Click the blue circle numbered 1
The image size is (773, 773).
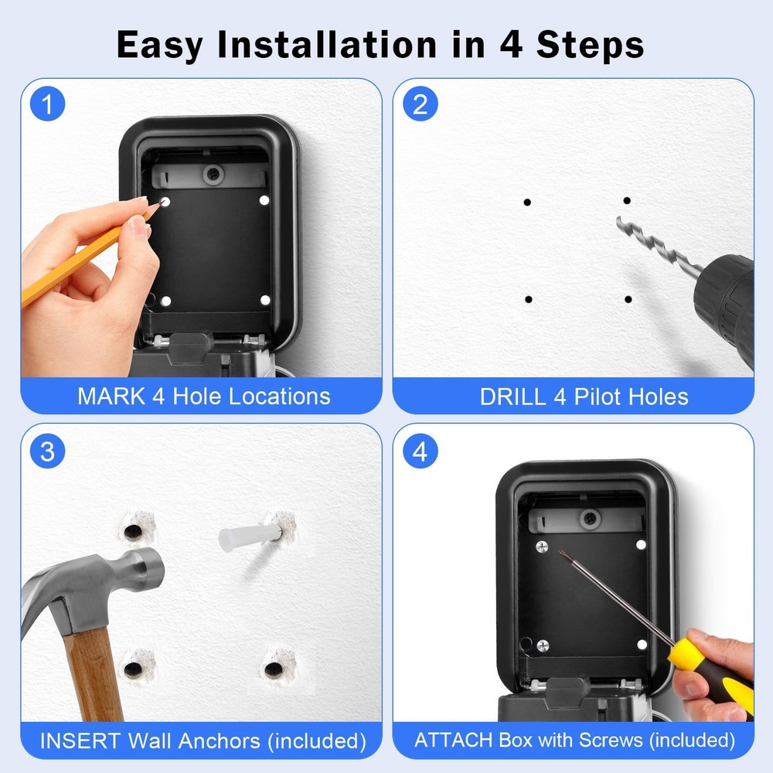[x=47, y=105]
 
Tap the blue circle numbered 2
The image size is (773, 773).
[x=420, y=105]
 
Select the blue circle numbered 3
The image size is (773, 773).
[x=47, y=451]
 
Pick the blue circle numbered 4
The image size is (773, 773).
[x=420, y=451]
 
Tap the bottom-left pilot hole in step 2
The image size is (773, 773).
[x=528, y=299]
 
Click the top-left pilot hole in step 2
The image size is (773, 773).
[x=527, y=203]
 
